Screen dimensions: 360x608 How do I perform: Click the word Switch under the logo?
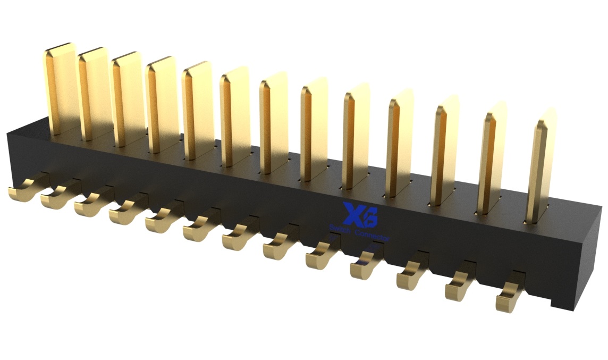(x=340, y=229)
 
